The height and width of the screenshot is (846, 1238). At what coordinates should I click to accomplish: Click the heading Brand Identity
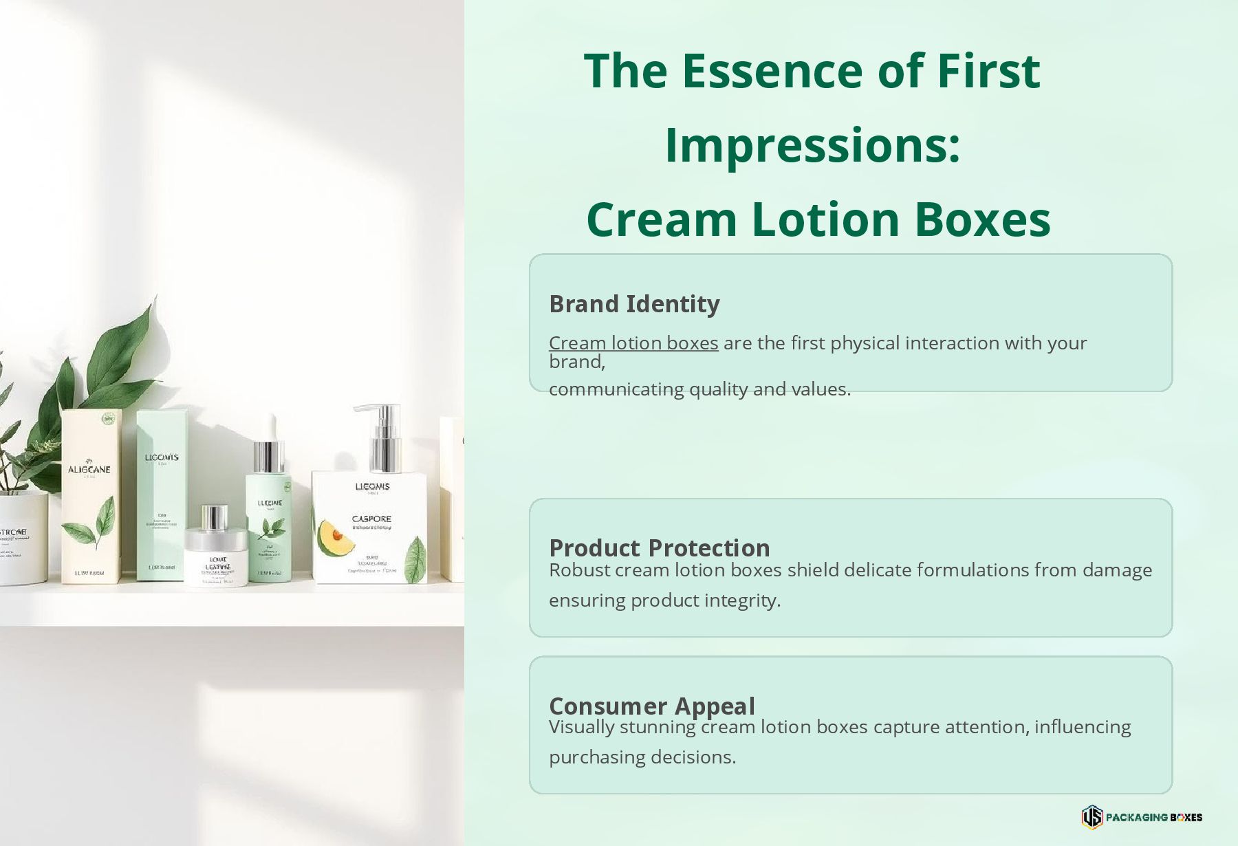634,304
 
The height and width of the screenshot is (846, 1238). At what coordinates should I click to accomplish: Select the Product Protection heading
659,548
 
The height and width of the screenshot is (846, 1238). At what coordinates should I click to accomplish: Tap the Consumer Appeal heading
651,706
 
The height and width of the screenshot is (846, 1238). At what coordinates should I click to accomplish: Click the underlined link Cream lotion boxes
633,343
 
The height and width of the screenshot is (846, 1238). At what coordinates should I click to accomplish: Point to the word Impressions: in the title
812,145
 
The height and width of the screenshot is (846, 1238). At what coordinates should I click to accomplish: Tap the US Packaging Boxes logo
1141,817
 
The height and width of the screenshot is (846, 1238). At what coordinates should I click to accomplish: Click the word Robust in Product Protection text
579,570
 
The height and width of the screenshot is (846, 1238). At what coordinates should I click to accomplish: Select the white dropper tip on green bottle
271,426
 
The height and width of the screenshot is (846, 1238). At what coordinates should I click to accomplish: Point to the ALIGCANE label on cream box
89,469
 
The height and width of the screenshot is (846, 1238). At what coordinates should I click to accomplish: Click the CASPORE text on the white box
371,519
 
